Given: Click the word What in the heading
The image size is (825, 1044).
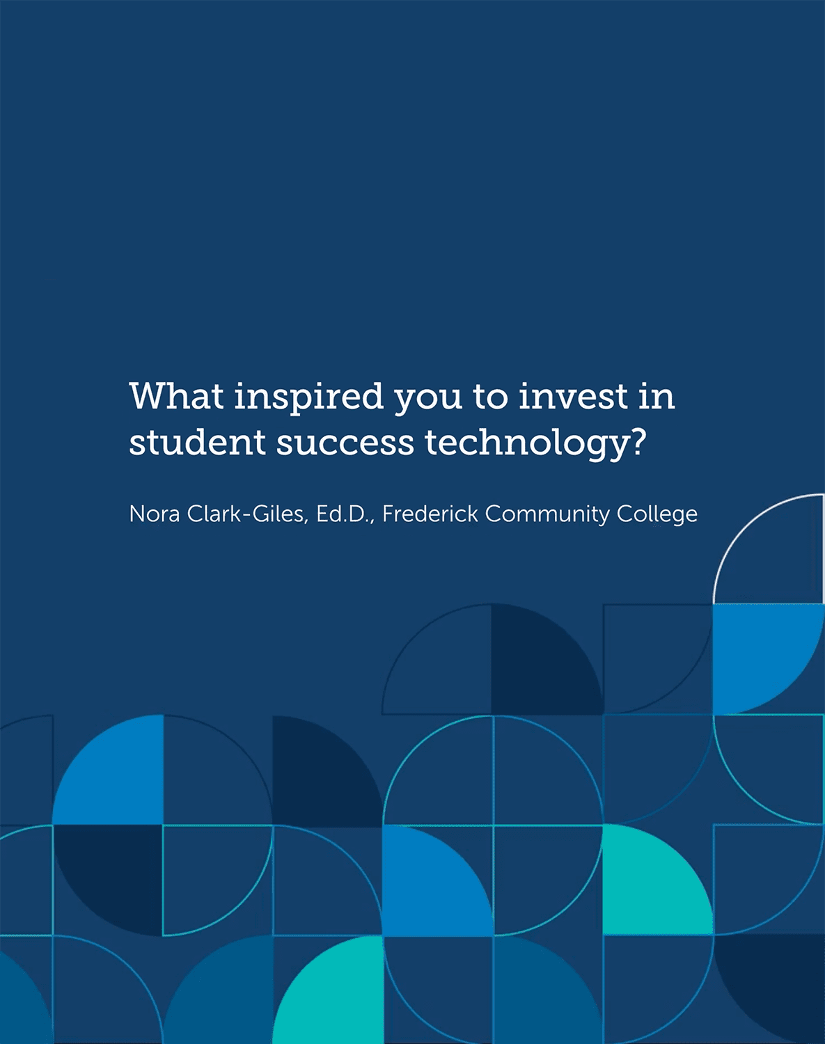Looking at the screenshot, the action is click(x=177, y=396).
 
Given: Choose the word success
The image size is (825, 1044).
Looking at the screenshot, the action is click(x=345, y=446).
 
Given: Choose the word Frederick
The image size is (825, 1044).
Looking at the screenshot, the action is click(x=430, y=514).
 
